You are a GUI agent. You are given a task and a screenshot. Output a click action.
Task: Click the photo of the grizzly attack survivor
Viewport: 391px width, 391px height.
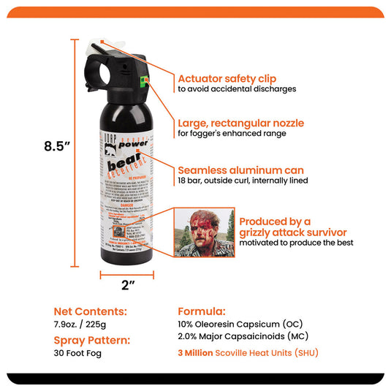(204, 232)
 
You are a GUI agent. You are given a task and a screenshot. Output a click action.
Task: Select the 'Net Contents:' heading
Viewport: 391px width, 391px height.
(90, 311)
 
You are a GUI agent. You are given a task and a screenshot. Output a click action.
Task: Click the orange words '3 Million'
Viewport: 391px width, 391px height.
(201, 352)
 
